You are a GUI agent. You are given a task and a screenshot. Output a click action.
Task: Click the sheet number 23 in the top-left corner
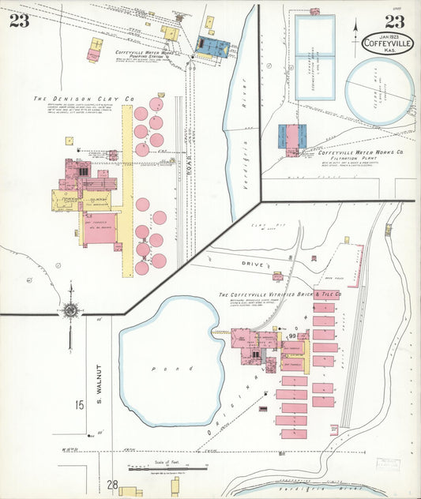click(x=20, y=21)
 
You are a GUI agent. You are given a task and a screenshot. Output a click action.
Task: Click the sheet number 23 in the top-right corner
click(x=396, y=21)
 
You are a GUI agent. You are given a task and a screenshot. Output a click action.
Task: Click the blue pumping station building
click(x=212, y=47)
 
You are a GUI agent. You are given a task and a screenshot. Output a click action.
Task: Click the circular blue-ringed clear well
click(x=380, y=92)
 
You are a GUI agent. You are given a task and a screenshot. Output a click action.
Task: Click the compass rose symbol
click(x=70, y=310)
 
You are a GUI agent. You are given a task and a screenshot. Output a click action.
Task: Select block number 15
click(x=80, y=406)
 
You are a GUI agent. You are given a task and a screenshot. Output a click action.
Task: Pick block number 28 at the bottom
click(x=112, y=485)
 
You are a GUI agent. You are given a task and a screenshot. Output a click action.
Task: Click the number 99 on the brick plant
click(x=292, y=337)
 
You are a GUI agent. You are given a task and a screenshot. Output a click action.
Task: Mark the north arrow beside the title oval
click(x=355, y=33)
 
